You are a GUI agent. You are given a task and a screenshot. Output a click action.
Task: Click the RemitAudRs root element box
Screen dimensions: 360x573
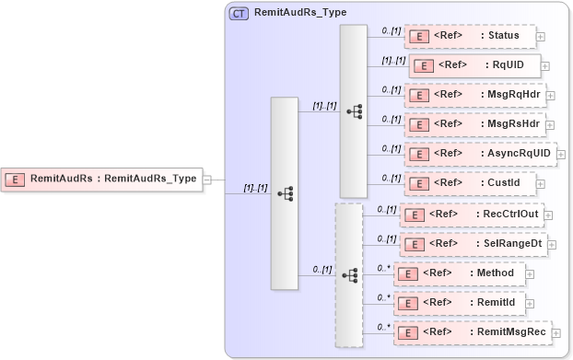103,179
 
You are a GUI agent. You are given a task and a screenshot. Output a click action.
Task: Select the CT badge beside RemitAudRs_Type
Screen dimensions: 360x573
239,14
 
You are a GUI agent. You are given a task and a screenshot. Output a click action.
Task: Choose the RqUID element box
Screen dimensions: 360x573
474,65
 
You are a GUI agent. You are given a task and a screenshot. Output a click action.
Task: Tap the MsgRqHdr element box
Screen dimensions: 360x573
474,94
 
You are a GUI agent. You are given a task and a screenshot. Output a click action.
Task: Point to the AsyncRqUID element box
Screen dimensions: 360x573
479,153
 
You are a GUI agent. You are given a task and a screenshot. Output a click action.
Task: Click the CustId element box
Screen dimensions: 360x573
469,182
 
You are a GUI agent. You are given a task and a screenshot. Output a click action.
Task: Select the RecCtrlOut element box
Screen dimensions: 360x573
471,215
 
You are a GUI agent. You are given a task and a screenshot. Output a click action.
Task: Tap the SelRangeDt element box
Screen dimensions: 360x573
474,244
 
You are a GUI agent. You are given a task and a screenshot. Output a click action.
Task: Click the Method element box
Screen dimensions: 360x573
459,273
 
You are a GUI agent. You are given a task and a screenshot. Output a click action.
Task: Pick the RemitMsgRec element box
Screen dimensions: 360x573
473,332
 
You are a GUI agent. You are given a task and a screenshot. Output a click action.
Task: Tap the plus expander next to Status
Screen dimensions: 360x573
541,37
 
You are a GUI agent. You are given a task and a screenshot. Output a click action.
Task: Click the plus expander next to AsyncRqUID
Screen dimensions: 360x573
561,154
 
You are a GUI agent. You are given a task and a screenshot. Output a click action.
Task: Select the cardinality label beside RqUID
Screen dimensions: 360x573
393,60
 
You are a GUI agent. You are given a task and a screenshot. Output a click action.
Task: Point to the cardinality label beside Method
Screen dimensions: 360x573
383,268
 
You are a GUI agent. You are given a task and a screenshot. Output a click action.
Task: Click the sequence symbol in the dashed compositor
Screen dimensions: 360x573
349,274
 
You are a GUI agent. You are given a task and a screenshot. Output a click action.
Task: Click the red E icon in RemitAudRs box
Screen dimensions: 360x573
16,179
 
